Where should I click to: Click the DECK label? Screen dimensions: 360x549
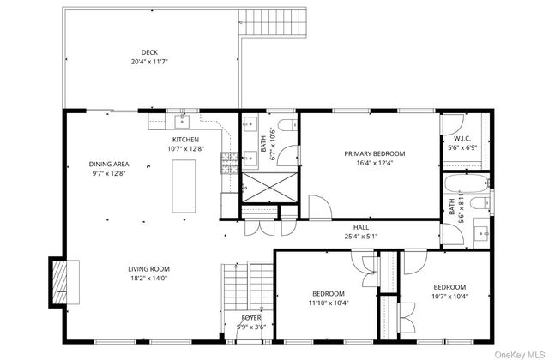(149, 52)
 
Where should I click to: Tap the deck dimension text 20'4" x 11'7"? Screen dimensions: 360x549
(149, 62)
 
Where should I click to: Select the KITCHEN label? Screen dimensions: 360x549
(185, 140)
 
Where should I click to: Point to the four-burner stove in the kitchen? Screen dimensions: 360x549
(229, 160)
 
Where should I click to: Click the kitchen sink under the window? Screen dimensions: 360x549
(182, 121)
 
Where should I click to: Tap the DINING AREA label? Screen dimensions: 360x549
(108, 164)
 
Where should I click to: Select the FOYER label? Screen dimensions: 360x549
(251, 317)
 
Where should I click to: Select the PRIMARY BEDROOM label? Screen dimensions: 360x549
(374, 153)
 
